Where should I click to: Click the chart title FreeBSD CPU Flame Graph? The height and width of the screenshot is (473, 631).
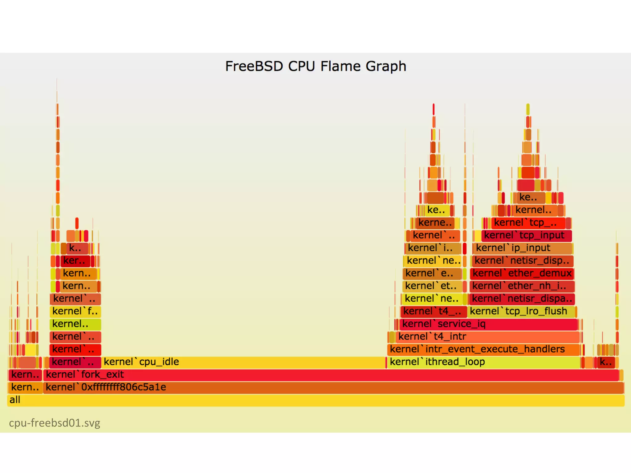pos(315,66)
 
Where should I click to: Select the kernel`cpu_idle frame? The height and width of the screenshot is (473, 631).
pos(243,362)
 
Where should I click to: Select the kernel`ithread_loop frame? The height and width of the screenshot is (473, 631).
pos(484,362)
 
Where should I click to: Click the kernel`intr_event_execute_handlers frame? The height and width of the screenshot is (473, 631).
pos(484,349)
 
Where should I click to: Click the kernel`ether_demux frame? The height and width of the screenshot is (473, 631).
pos(522,273)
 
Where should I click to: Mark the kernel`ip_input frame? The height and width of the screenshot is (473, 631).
pos(522,248)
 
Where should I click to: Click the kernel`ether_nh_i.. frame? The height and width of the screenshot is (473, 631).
pos(522,286)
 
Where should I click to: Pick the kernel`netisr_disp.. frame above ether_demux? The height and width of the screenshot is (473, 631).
pos(523,261)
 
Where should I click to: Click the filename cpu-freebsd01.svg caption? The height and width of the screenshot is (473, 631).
pos(55,423)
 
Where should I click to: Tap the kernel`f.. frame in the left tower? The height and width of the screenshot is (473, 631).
pos(75,311)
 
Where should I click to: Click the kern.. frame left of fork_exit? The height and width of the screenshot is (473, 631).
pos(25,375)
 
